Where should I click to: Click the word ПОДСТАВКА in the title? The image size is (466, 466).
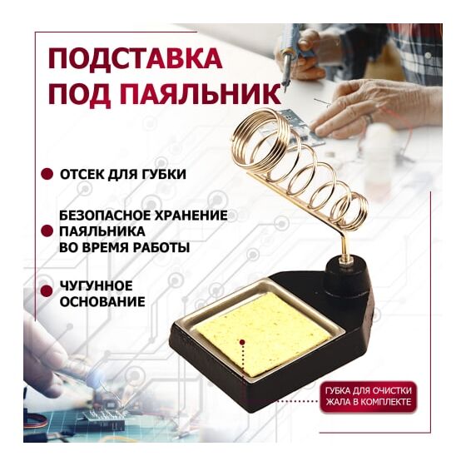click(x=135, y=58)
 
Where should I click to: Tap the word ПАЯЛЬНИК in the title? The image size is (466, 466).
click(x=201, y=94)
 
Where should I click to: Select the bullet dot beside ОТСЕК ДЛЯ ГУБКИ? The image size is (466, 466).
click(x=47, y=175)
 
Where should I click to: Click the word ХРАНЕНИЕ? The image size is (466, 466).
click(x=187, y=216)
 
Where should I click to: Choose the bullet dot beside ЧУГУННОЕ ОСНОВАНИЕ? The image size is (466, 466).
click(x=47, y=291)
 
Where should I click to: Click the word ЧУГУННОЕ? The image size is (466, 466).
click(x=97, y=286)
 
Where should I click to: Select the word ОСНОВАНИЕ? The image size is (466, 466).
click(x=102, y=302)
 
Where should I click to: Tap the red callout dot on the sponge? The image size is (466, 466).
click(x=242, y=342)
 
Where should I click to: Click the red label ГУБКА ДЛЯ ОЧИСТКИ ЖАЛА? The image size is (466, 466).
click(x=368, y=396)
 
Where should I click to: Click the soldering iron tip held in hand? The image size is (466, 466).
click(x=285, y=87)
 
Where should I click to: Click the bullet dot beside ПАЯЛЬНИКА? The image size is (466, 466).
click(x=47, y=231)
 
